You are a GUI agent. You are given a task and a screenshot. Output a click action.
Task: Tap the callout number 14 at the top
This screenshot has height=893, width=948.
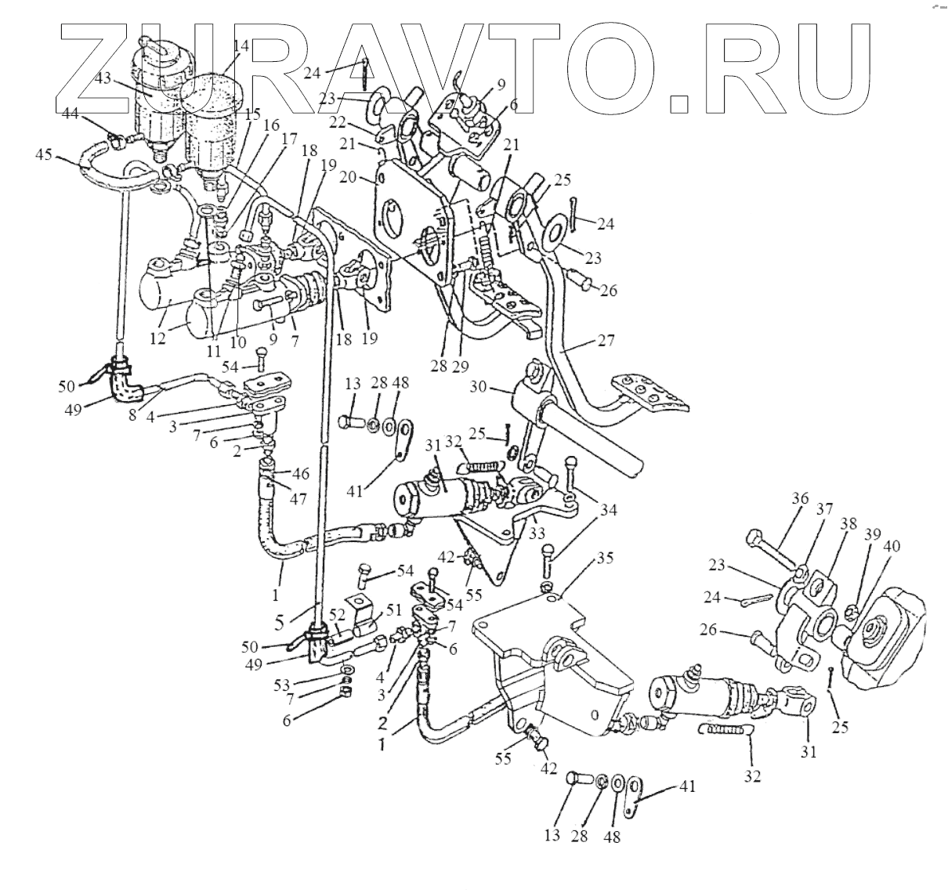[241, 46]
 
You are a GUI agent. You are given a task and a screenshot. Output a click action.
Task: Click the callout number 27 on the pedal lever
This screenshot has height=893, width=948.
[605, 341]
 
